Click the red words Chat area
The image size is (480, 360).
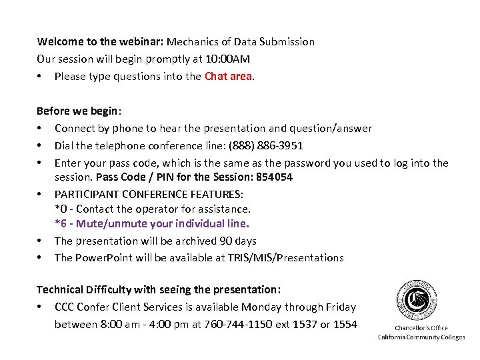point(229,76)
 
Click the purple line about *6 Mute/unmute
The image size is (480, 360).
point(152,224)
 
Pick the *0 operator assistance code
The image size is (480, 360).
point(61,209)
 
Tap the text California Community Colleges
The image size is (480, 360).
point(421,337)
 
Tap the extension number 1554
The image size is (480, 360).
point(344,324)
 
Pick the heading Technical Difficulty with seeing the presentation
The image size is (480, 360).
point(159,290)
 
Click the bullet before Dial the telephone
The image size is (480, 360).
point(41,145)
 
